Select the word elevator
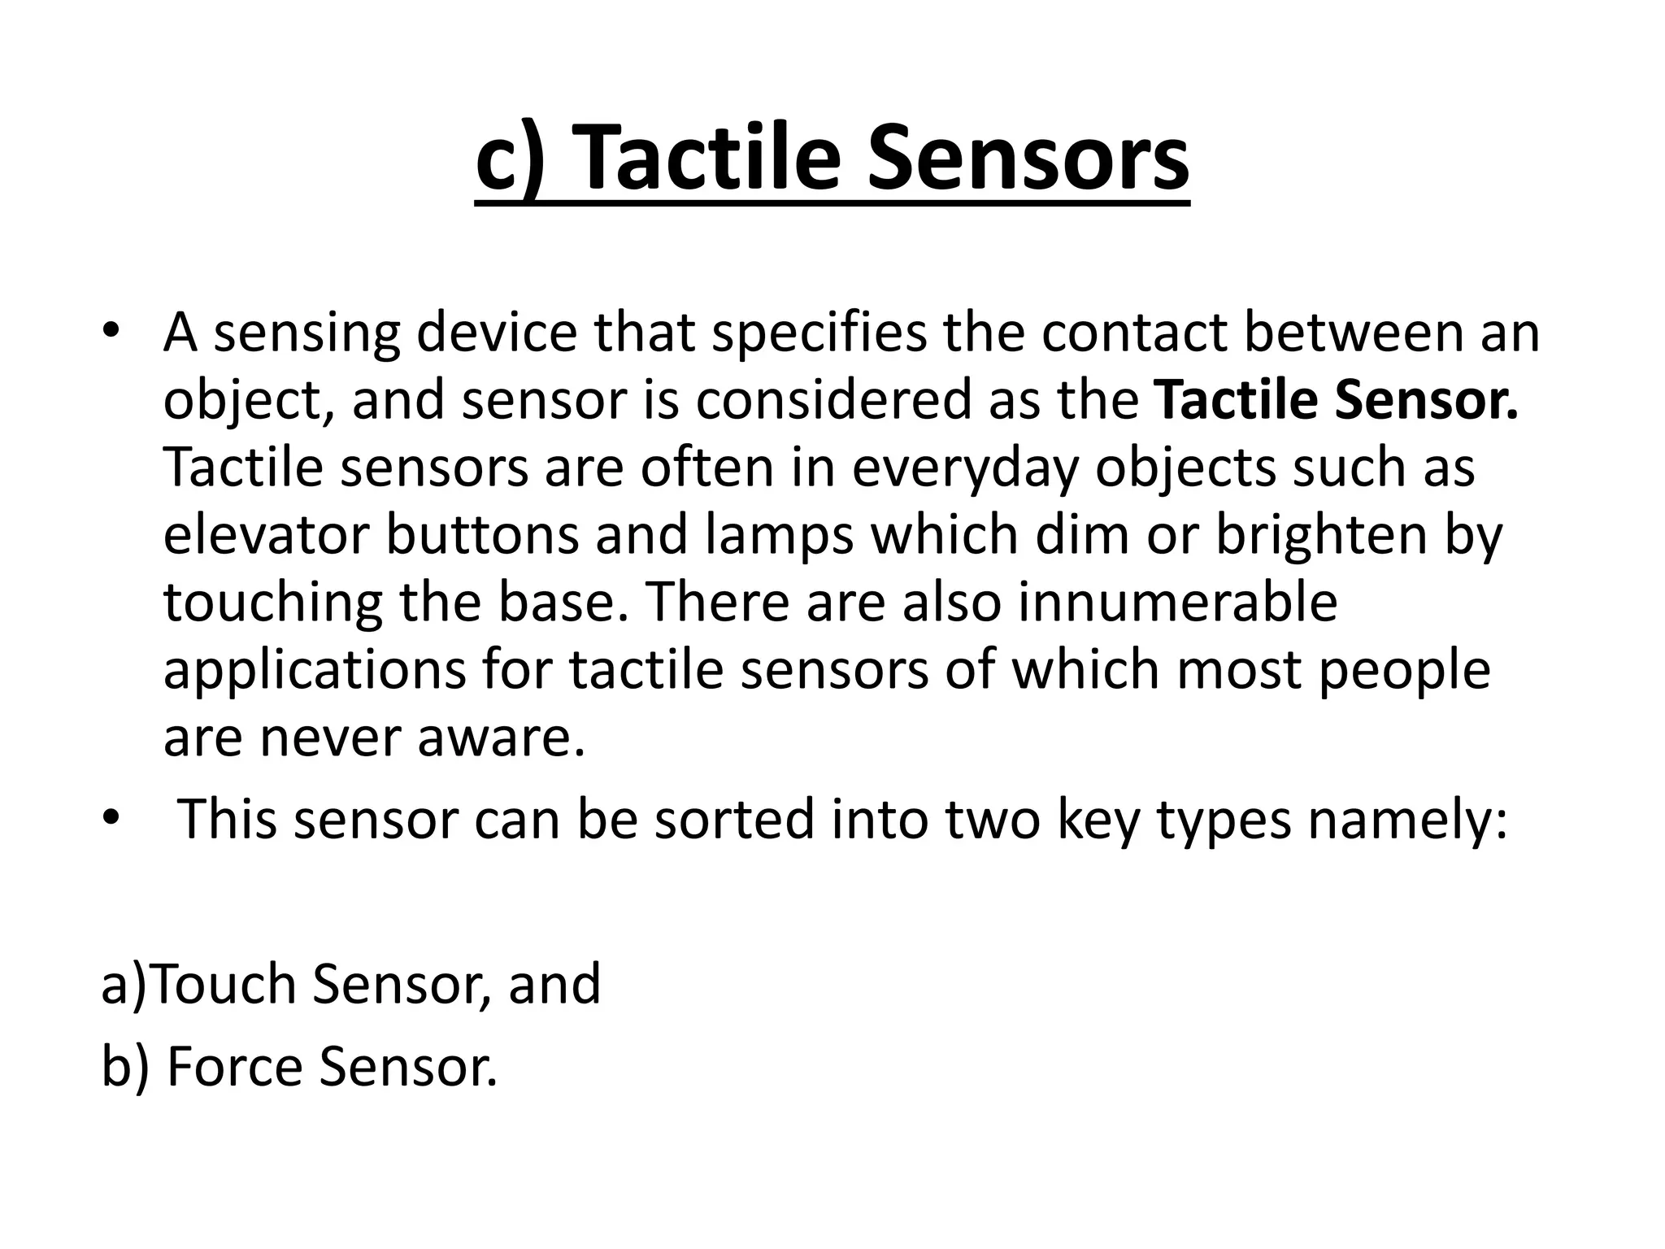tap(265, 536)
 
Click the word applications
tap(314, 672)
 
